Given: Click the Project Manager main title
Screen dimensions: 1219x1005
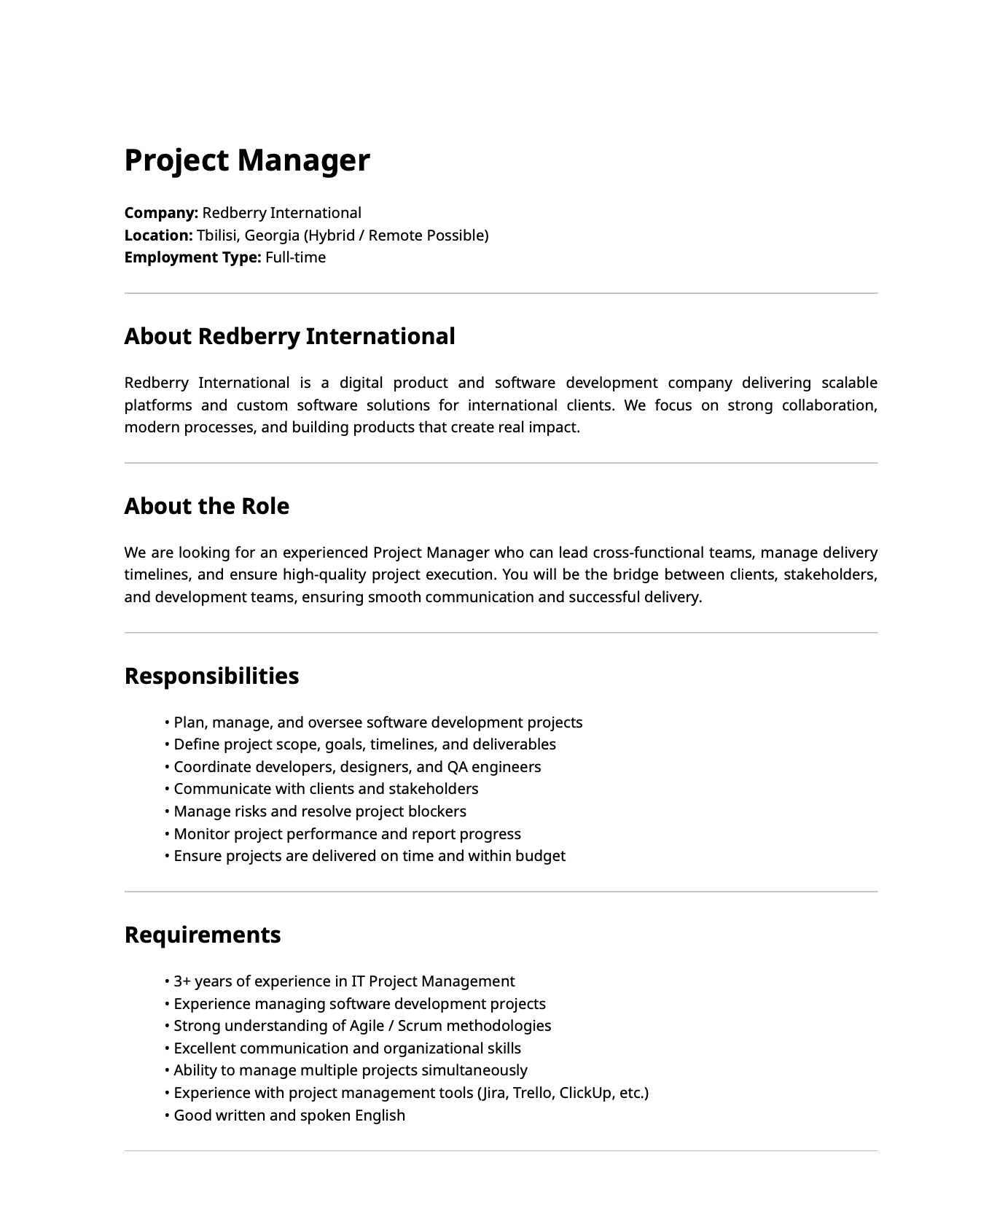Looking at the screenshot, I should click(247, 160).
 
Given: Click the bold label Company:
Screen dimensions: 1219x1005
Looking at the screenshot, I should click(161, 213).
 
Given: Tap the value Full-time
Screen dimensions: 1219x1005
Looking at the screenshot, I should click(295, 257).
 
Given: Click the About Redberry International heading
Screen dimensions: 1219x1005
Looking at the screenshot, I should click(289, 336).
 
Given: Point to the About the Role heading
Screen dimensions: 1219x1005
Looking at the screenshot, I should click(206, 506).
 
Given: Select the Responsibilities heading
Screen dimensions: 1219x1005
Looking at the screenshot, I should click(211, 676).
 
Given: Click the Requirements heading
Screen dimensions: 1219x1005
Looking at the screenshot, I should click(203, 935).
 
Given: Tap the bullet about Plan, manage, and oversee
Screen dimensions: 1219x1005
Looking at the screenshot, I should click(378, 723).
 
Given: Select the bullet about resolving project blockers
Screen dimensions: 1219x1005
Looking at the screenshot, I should click(320, 811).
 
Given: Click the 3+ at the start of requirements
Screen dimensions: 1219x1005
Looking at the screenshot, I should click(182, 981).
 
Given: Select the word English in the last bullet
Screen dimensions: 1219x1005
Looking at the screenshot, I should click(380, 1115).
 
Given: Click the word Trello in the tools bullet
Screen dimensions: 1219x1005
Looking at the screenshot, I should click(533, 1093).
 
